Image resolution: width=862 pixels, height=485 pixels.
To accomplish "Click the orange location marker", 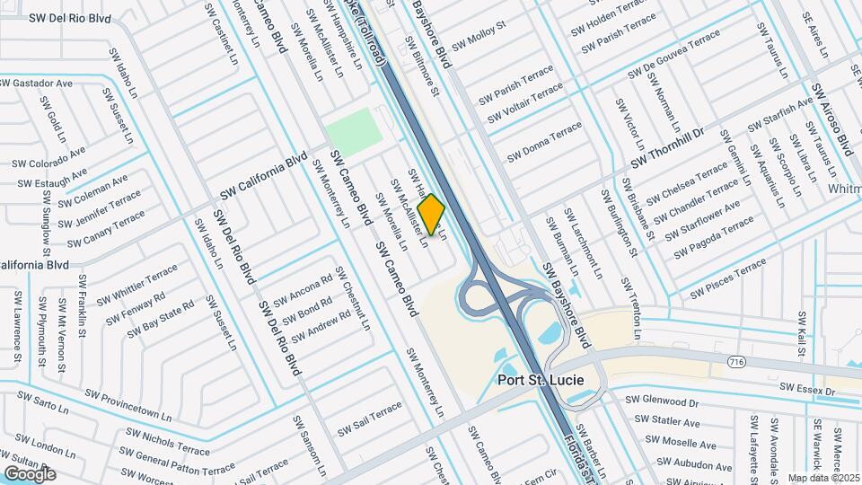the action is pos(432,215).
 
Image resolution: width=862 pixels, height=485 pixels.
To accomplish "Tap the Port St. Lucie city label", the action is pos(541,380).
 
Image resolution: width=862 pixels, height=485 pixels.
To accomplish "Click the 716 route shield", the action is pos(737,360).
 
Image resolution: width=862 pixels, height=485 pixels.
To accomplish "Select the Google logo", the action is pos(30,473).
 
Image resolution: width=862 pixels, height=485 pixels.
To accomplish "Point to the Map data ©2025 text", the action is pos(823,477).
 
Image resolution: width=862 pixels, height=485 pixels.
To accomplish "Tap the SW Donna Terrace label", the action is pos(544,143).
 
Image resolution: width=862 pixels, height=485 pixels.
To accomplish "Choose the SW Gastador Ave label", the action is pos(36,83).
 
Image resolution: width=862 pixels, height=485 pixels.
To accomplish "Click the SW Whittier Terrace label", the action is pos(137,284).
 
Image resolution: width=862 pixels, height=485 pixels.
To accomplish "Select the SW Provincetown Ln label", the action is pos(128,405).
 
